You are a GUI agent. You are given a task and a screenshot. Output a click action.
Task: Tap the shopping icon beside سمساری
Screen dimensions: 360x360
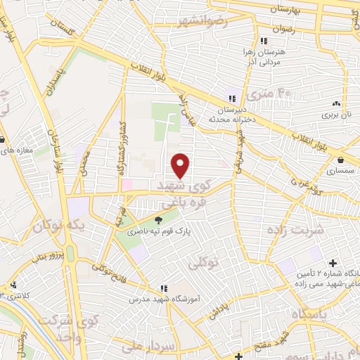tap(340, 160)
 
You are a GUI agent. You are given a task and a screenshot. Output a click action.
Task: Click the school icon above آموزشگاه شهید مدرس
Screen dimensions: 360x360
tap(163, 288)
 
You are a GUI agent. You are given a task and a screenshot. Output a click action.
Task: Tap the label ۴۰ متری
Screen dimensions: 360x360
tap(274, 91)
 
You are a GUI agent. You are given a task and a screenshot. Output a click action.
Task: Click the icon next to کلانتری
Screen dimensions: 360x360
tap(14, 285)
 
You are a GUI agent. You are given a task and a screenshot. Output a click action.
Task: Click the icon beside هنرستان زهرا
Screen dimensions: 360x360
tap(263, 40)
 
